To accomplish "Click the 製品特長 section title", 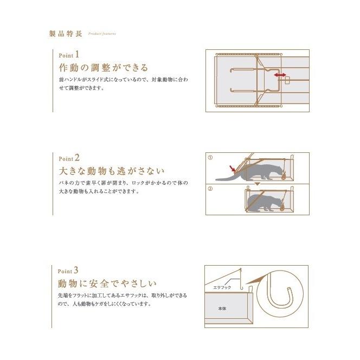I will (66, 33).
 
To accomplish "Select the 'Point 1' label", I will (69, 55).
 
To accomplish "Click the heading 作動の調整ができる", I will (103, 68).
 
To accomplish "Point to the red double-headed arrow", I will (280, 74).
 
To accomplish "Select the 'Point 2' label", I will (69, 158).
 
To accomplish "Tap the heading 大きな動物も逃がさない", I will (111, 171).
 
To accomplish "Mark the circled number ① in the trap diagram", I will (210, 157).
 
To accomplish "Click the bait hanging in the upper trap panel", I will (283, 175).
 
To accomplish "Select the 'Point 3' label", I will (69, 269).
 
